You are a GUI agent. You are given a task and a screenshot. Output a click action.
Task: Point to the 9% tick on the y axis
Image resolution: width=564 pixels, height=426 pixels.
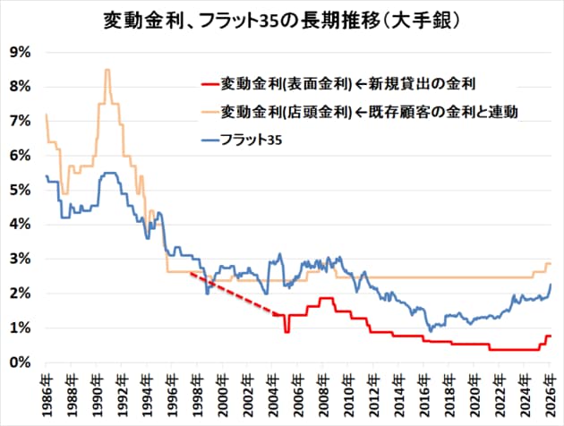pos(21,52)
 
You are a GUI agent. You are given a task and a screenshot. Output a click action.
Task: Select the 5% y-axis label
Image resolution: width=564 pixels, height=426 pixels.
pos(21,190)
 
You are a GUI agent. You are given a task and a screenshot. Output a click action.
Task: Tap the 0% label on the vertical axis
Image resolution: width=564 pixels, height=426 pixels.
pos(21,362)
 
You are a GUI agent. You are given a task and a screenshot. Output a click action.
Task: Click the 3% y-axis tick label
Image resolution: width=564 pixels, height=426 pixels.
pos(21,259)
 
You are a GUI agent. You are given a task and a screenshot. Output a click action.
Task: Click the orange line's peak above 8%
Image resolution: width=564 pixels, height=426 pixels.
pos(107,70)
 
